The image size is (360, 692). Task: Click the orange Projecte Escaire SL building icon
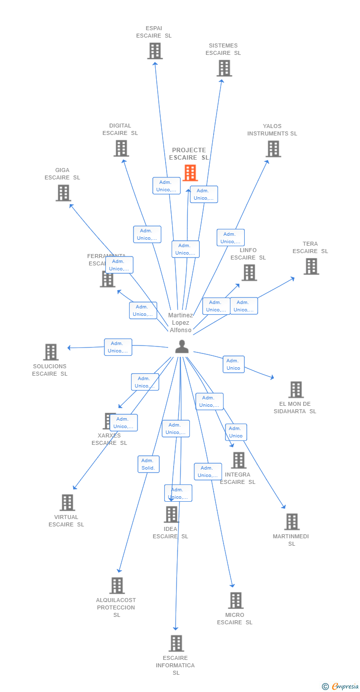(x=190, y=173)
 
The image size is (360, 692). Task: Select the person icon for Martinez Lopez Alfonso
(x=182, y=347)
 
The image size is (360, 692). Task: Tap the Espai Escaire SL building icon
(x=155, y=51)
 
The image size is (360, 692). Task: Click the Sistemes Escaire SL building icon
(x=224, y=68)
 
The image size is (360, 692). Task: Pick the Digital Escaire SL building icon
(x=121, y=148)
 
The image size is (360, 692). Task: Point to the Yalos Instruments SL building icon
(x=273, y=149)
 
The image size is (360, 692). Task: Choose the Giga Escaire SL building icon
(x=63, y=193)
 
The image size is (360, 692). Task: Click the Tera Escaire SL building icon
(x=311, y=266)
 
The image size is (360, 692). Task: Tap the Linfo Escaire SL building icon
(x=249, y=272)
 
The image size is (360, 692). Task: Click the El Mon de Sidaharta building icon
(x=296, y=389)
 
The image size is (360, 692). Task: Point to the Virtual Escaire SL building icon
(x=67, y=503)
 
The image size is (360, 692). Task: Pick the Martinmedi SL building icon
(x=292, y=522)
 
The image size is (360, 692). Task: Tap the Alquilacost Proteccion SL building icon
(x=117, y=586)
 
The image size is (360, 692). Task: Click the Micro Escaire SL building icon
(x=236, y=601)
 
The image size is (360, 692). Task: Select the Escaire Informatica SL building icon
(x=176, y=644)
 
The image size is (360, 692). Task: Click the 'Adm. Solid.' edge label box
(x=148, y=464)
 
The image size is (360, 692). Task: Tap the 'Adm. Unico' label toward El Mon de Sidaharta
(x=233, y=364)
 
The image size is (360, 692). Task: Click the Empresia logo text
(x=344, y=686)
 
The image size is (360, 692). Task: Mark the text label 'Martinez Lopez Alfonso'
(x=180, y=322)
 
